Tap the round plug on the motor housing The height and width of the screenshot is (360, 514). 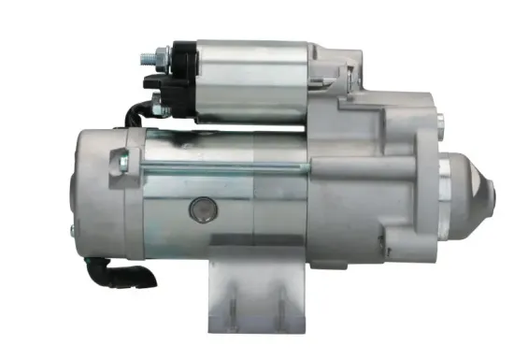(x=201, y=209)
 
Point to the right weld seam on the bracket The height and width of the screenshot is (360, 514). (x=278, y=304)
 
